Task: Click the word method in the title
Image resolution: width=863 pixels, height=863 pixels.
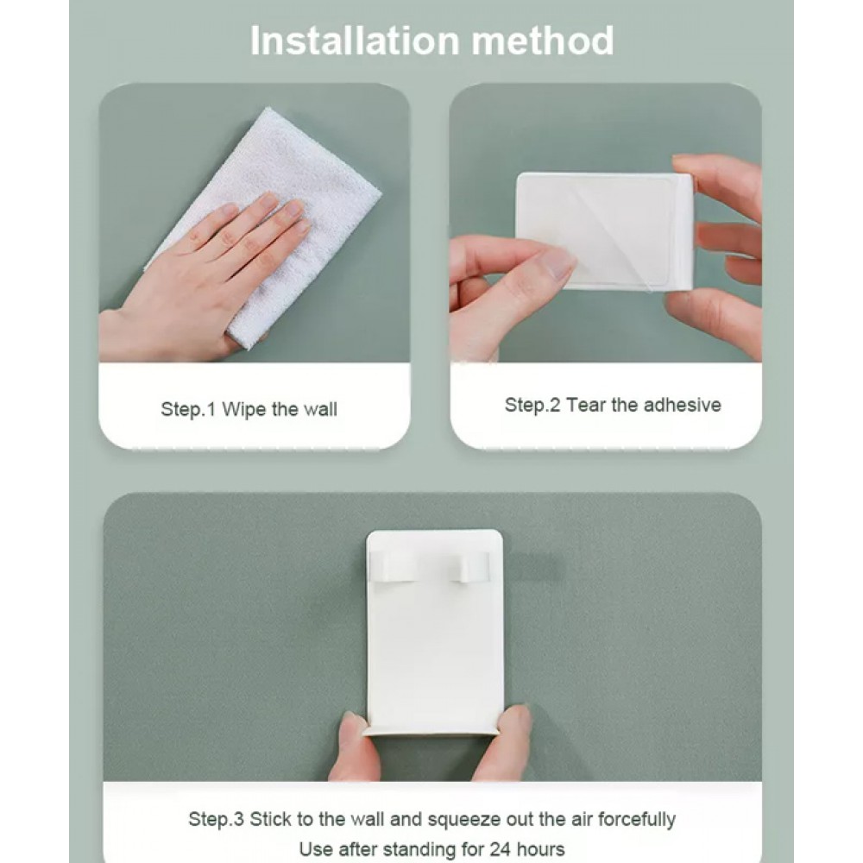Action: (x=543, y=41)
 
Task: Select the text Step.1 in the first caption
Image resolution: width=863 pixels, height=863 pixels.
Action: (x=188, y=409)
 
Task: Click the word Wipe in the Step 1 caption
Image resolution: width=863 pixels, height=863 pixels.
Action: (x=244, y=409)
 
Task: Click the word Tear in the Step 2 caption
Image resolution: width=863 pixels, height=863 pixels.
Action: (x=586, y=405)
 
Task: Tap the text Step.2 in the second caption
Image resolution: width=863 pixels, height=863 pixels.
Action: (x=532, y=405)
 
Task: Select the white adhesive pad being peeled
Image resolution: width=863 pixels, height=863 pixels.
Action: (x=604, y=230)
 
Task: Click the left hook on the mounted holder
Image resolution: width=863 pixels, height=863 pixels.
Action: (x=393, y=568)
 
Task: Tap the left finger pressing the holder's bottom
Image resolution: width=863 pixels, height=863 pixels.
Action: (x=355, y=744)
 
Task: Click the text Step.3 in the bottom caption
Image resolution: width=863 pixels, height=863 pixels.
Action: (x=217, y=819)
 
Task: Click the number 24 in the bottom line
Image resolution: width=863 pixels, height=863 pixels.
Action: (x=500, y=848)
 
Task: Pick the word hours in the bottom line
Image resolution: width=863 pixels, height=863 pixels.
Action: (x=541, y=848)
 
